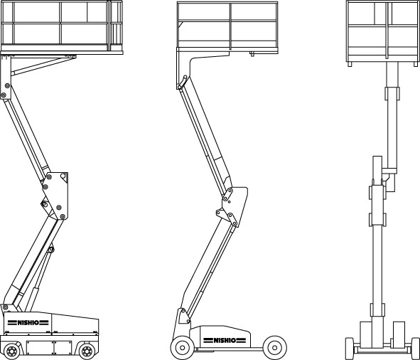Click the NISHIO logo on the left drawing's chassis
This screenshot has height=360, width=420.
28,322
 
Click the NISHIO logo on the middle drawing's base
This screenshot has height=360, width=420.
225,340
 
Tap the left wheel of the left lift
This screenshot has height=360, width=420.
12,351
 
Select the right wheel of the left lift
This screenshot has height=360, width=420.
87,351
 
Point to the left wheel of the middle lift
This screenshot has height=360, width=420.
182,348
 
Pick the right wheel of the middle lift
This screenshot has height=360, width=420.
275,348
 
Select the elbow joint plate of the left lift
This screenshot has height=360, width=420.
55,195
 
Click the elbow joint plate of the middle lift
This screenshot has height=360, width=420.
232,206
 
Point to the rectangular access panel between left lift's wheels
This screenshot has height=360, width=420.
49,348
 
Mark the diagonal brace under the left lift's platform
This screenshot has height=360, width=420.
43,66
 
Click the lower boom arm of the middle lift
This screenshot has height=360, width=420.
206,268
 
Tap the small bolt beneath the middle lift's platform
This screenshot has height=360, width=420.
252,54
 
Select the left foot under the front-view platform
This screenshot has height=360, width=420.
350,64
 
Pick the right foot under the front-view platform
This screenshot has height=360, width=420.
416,64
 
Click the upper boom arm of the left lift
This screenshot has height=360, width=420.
26,137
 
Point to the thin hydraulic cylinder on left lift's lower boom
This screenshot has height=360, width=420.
41,279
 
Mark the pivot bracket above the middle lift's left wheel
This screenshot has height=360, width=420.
184,317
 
